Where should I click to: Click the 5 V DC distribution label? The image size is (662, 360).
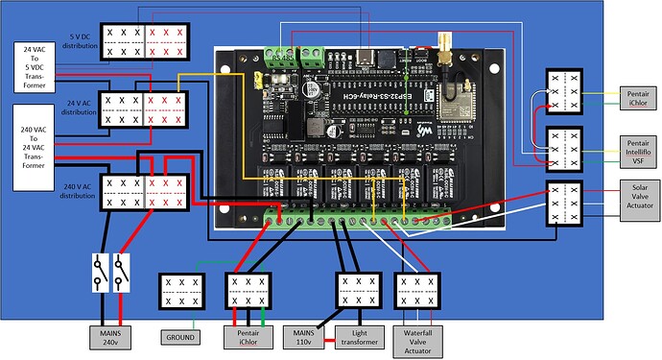pyautogui.click(x=80, y=40)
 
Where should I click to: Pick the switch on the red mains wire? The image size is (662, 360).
pyautogui.click(x=120, y=272)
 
